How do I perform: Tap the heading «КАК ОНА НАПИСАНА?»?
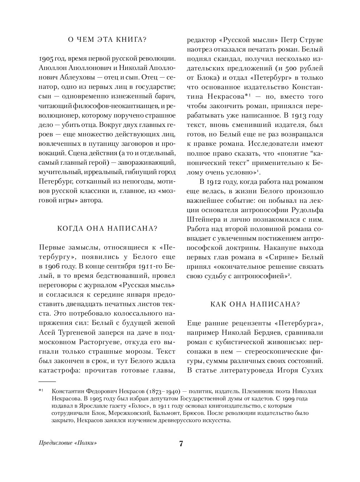tap(255, 304)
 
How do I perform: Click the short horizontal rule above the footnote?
tap(47, 382)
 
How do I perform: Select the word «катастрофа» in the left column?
tap(58, 370)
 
